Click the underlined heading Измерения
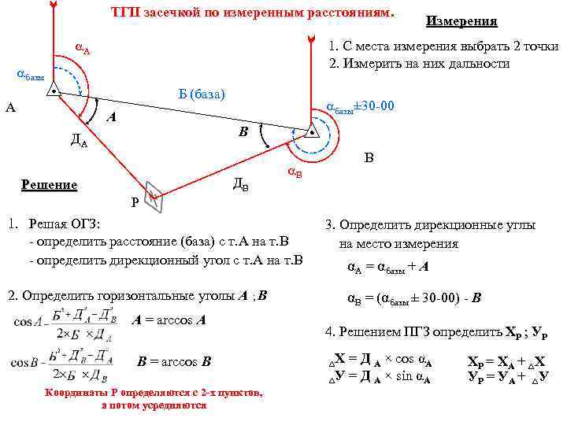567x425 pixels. pyautogui.click(x=461, y=21)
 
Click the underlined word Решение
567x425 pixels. pyautogui.click(x=49, y=185)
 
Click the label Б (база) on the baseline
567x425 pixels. pyautogui.click(x=202, y=94)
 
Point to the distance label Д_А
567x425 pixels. pyautogui.click(x=79, y=142)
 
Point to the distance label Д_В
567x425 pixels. pyautogui.click(x=242, y=186)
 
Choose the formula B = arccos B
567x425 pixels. pyautogui.click(x=174, y=362)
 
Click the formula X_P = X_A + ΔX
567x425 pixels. pyautogui.click(x=508, y=363)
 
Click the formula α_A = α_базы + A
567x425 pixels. pyautogui.click(x=387, y=267)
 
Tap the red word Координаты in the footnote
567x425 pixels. pyautogui.click(x=76, y=393)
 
